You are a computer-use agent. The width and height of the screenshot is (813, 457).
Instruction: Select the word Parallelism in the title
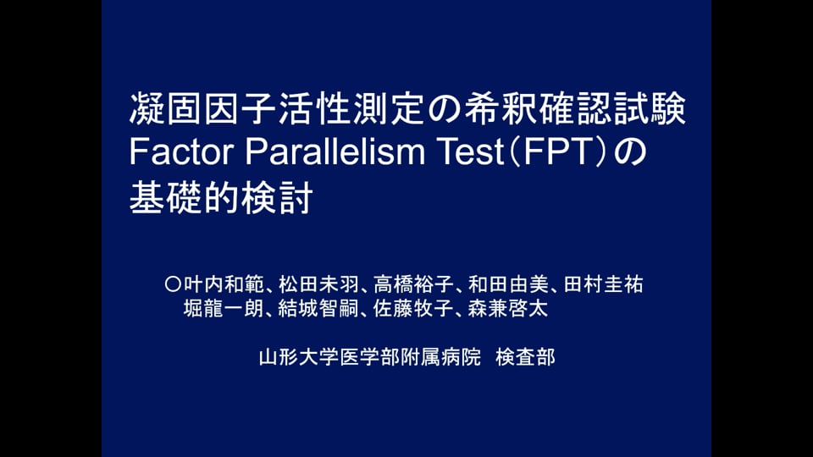[335, 151]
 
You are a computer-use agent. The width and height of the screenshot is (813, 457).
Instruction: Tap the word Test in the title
[472, 151]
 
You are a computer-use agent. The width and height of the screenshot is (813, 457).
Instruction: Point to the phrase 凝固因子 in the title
[203, 108]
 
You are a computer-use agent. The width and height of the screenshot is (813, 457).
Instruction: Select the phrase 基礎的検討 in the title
[221, 197]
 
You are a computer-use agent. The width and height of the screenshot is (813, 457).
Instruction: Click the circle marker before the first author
[173, 284]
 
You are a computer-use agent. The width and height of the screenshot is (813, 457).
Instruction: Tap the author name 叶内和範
[224, 284]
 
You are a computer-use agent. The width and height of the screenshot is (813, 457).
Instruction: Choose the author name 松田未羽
[318, 284]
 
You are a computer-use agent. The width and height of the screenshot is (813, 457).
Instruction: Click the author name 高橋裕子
[413, 284]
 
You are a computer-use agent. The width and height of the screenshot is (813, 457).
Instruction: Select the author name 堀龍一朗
[224, 309]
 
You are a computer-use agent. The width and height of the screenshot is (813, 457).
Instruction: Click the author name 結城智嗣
[318, 309]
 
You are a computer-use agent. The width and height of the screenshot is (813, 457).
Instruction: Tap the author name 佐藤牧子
[413, 309]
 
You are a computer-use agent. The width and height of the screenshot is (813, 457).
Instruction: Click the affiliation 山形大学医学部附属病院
[370, 357]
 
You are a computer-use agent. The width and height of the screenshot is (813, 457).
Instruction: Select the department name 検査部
[525, 357]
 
